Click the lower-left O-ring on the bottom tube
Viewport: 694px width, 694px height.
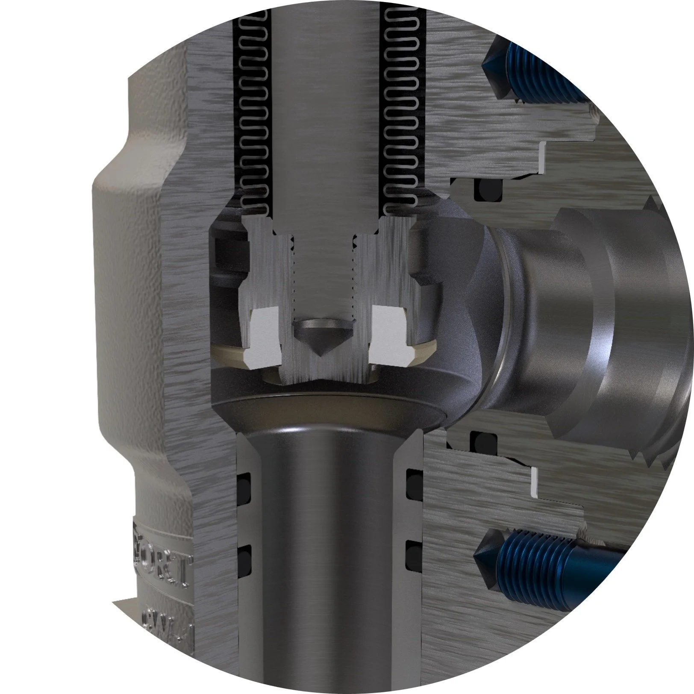[243, 556]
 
